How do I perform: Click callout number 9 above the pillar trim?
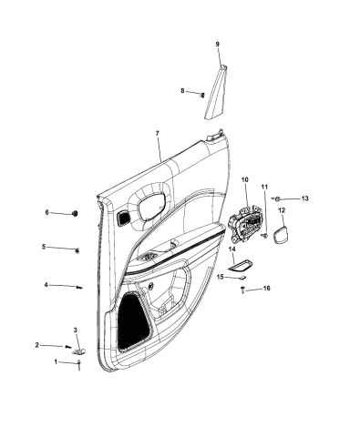pyautogui.click(x=217, y=45)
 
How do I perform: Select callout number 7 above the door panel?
pyautogui.click(x=157, y=134)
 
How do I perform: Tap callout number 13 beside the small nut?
pyautogui.click(x=305, y=198)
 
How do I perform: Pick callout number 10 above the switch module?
pyautogui.click(x=244, y=180)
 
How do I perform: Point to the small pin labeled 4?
pyautogui.click(x=80, y=288)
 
